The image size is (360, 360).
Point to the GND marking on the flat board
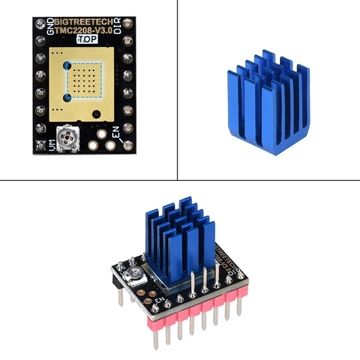[x=49, y=26]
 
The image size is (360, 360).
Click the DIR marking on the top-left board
[x=117, y=26]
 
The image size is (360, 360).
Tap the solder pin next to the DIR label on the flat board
[x=127, y=22]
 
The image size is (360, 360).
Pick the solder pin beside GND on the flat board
[x=41, y=22]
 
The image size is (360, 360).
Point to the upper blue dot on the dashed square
[x=67, y=66]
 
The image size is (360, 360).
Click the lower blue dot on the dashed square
[x=67, y=96]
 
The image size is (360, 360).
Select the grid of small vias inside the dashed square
[x=86, y=81]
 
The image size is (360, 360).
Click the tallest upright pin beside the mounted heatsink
[x=217, y=274]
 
